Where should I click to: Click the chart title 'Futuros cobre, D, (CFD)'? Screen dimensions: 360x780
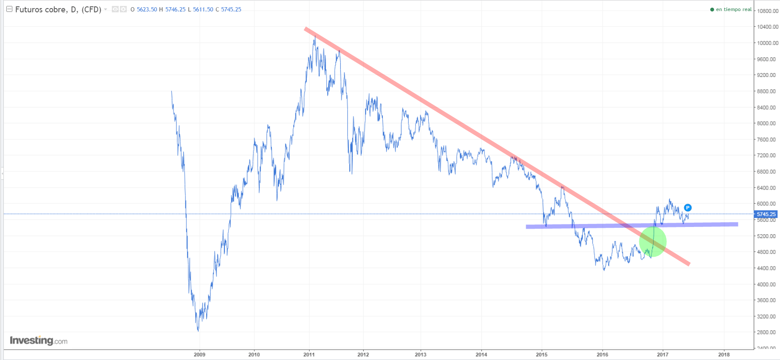(x=58, y=9)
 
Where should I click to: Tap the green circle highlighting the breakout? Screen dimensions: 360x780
(x=653, y=242)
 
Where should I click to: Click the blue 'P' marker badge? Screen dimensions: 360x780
(x=688, y=208)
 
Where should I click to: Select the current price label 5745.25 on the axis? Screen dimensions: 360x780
(x=766, y=214)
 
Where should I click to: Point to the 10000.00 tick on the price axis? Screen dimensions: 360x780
(x=767, y=43)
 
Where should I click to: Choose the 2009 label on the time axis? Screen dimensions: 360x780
(x=199, y=354)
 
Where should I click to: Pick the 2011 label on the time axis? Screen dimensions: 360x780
(x=309, y=354)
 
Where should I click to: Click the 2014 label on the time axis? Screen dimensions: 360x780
(x=481, y=354)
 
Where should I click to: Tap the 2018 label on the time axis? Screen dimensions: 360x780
(x=724, y=354)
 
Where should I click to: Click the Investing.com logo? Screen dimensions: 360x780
(x=38, y=340)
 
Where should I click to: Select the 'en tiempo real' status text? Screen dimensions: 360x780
(x=734, y=9)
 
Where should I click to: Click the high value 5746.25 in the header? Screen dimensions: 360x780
(x=175, y=9)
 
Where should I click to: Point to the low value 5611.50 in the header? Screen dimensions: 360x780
(x=203, y=9)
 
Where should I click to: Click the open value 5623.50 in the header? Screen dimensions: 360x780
(x=147, y=9)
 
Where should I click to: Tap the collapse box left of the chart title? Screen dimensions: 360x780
(x=9, y=9)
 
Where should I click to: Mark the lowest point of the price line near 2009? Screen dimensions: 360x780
(x=198, y=331)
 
